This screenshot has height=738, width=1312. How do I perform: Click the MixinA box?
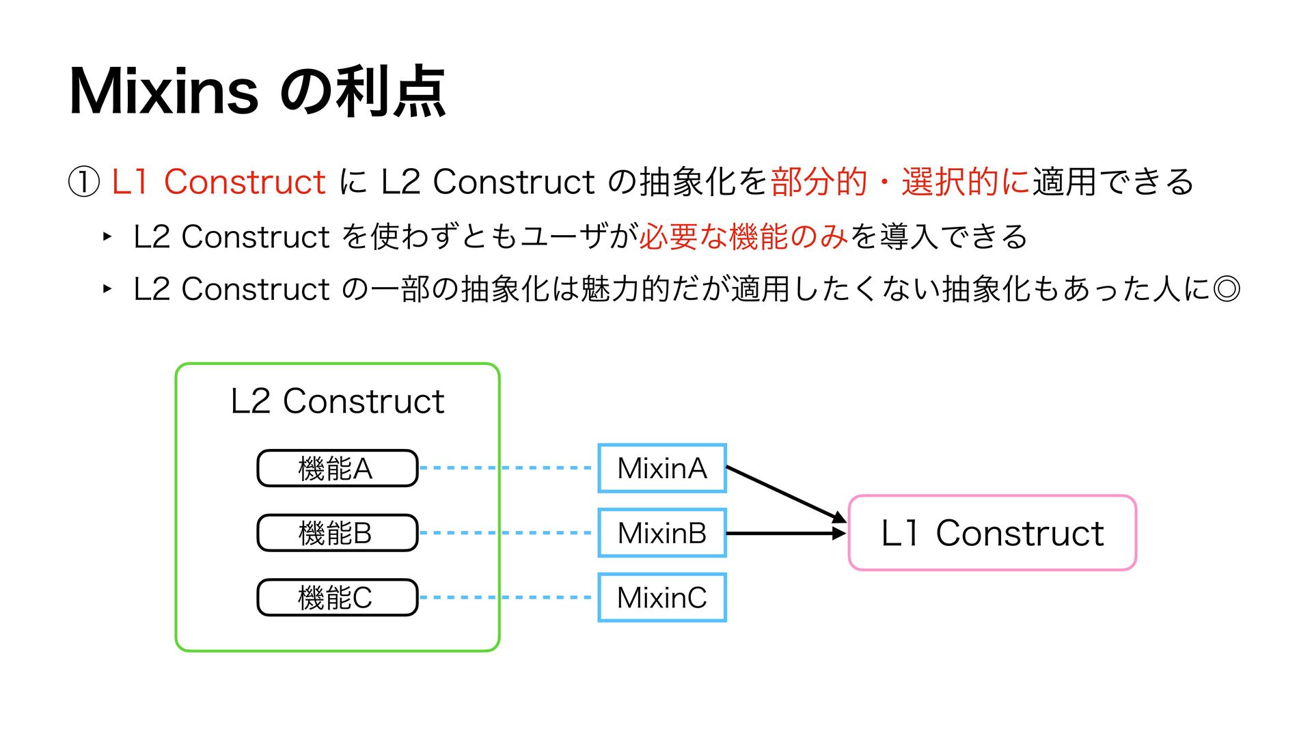(x=661, y=468)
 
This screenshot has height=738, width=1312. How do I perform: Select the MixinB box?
(x=661, y=533)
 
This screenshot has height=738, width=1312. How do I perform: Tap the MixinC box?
(x=661, y=598)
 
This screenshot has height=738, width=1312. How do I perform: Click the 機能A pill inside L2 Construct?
(x=337, y=468)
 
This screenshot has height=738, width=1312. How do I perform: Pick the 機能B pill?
(x=337, y=533)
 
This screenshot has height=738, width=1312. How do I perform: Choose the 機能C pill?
(x=337, y=598)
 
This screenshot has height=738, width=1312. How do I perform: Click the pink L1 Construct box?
(x=992, y=533)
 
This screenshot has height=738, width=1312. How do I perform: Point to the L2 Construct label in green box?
(x=338, y=401)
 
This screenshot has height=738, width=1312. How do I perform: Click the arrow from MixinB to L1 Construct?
(x=786, y=533)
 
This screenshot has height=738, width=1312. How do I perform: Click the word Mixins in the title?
(x=164, y=92)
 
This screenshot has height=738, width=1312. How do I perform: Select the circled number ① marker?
(x=85, y=182)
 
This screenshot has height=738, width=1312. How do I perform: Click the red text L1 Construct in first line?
(x=218, y=182)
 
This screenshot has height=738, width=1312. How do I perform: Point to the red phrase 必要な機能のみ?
(x=743, y=236)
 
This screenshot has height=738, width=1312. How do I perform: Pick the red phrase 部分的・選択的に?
(x=900, y=182)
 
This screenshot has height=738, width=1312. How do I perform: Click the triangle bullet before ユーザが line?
(x=107, y=237)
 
